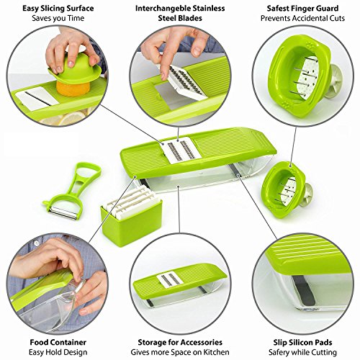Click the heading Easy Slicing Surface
point(58,9)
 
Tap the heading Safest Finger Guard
point(302,9)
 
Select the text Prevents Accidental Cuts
point(302,18)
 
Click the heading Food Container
point(58,342)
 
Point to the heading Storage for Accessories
point(180,342)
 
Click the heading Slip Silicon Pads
point(302,343)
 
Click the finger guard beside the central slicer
point(286,189)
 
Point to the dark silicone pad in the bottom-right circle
point(305,290)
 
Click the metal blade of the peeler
point(63,213)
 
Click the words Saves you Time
point(58,18)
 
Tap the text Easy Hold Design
point(58,352)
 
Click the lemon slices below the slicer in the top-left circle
point(65,118)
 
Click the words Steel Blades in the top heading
point(180,18)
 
